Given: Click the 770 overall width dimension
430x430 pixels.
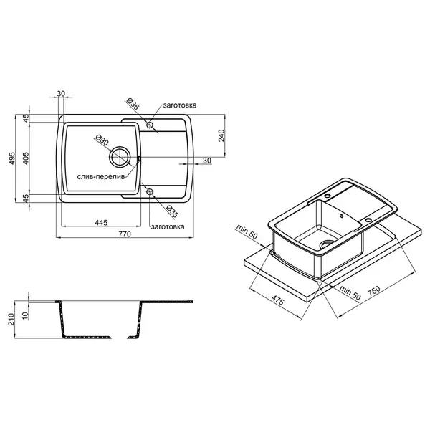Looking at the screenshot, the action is coord(125,234).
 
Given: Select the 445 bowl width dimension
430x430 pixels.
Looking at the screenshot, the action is coord(101,223).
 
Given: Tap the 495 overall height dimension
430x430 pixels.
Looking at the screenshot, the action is coord(11,158).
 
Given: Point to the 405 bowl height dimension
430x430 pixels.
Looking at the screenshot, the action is coord(26,158).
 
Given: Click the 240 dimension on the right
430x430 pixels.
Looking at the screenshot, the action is coord(221,135).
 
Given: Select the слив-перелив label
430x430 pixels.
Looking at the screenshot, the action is coord(101,177).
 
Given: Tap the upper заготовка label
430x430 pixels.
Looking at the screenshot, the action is coord(180,105).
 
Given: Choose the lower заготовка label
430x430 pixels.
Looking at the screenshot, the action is coord(168,227).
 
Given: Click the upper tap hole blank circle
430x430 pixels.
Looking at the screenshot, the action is coord(150,125).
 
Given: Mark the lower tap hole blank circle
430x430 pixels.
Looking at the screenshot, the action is coord(150,191).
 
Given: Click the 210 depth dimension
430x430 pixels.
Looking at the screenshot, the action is coord(11,319).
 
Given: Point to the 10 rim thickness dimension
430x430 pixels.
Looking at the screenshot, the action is coord(25,315).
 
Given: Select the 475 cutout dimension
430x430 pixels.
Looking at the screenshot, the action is coord(278,300).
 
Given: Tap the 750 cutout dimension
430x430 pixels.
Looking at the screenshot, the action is coord(373,291).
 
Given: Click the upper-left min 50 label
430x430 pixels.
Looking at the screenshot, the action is coord(247,231).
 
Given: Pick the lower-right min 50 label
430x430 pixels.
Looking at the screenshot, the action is coord(350,292).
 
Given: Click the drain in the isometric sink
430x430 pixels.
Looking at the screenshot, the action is coord(327,243).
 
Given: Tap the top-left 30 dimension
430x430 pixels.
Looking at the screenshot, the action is coord(61,93).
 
